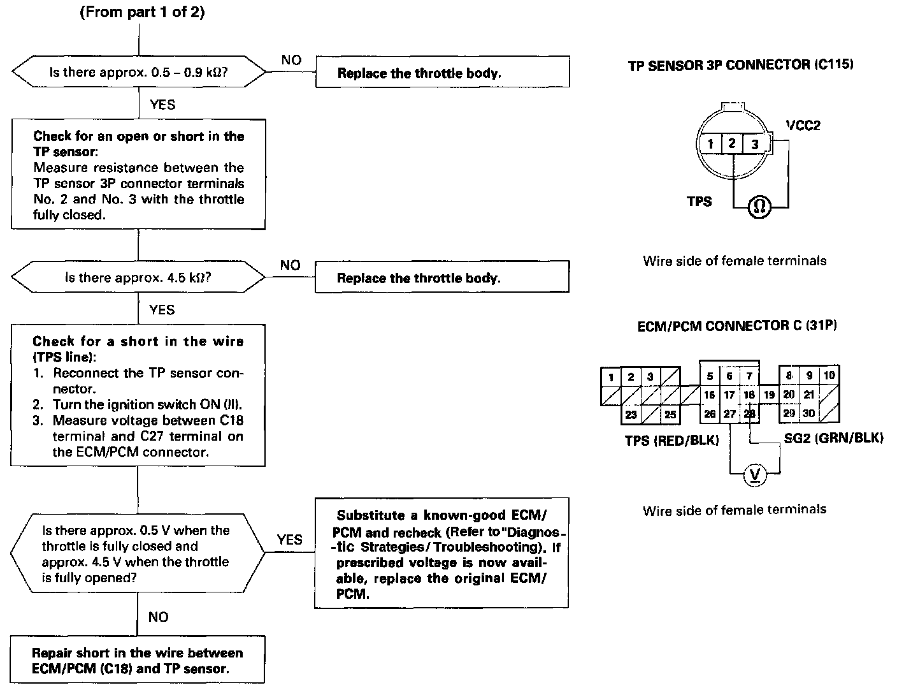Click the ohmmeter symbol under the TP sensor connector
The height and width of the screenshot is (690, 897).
(759, 206)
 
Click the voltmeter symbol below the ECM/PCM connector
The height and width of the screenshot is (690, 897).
(756, 474)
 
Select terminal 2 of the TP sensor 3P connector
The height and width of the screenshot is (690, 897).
(732, 143)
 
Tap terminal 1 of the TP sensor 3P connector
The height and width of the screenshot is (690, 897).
(711, 143)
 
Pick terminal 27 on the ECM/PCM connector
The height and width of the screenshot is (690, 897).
(729, 414)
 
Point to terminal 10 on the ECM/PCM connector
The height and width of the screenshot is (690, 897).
(828, 376)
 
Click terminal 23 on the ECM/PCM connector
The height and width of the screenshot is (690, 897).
(631, 415)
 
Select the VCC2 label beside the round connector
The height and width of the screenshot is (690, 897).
(803, 126)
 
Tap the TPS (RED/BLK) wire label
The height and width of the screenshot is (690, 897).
(671, 440)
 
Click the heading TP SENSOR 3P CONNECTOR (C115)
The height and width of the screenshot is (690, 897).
(740, 64)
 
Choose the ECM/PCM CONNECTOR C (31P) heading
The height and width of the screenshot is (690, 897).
(737, 326)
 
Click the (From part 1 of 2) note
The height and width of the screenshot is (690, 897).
(142, 13)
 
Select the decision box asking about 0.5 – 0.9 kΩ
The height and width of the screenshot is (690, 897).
(139, 72)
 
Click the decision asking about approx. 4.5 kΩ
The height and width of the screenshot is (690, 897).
(139, 277)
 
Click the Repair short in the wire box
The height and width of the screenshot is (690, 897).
(138, 661)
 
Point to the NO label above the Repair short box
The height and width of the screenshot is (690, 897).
(158, 617)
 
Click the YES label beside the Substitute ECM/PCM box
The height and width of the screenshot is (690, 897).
(290, 540)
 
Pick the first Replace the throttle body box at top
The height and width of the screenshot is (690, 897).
(442, 72)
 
